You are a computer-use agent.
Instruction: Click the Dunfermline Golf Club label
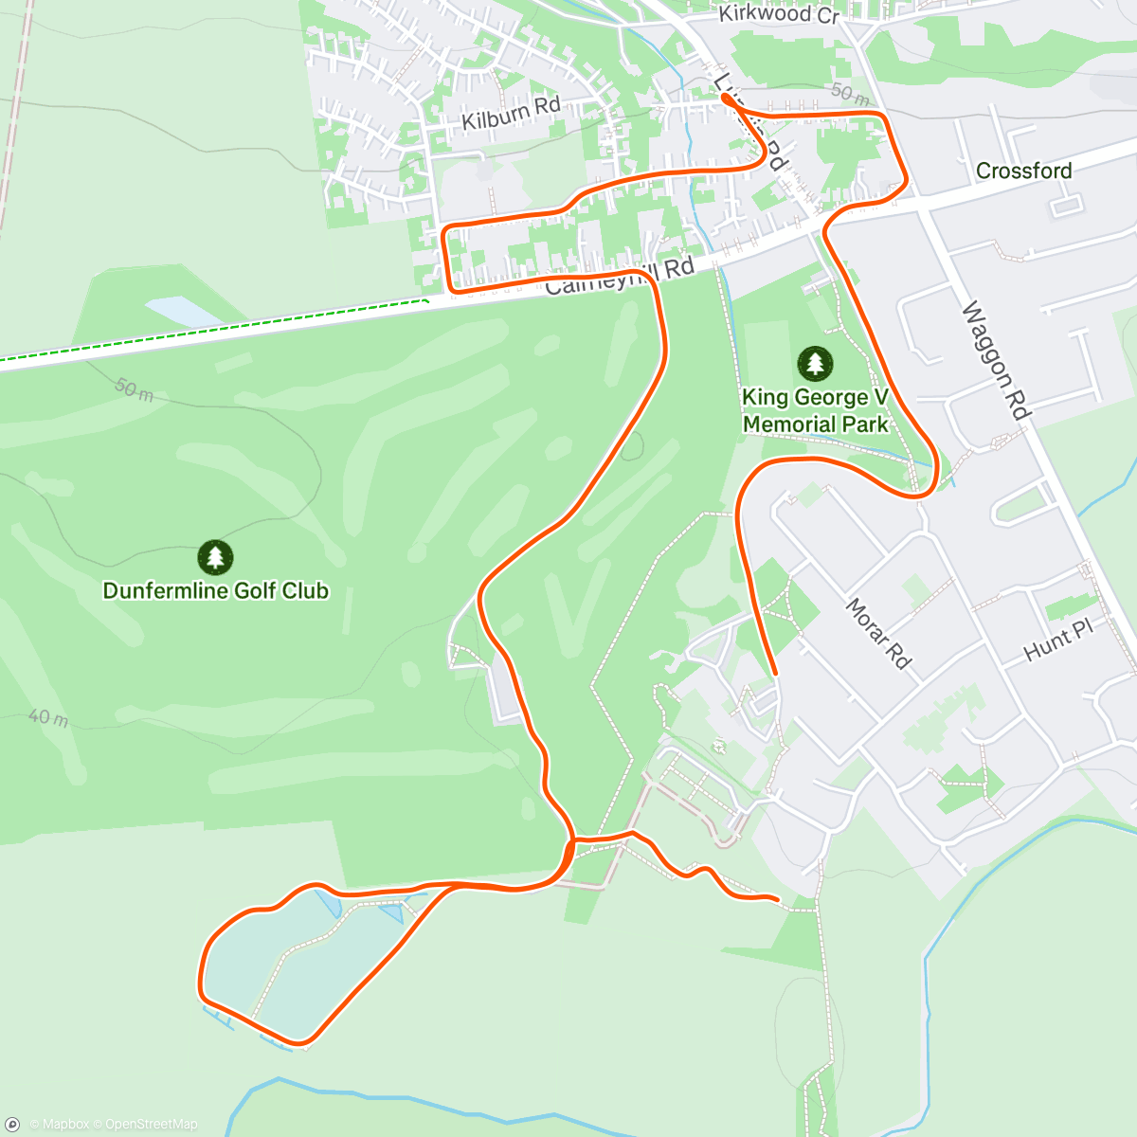pyautogui.click(x=216, y=591)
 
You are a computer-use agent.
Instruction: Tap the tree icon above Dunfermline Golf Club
pyautogui.click(x=216, y=557)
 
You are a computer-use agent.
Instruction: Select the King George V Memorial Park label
pyautogui.click(x=815, y=411)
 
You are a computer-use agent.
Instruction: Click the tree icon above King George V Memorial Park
pyautogui.click(x=815, y=363)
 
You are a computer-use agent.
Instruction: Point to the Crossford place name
pyautogui.click(x=1023, y=171)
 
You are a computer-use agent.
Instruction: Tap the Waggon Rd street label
pyautogui.click(x=995, y=360)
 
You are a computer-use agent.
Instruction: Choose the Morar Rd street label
pyautogui.click(x=877, y=633)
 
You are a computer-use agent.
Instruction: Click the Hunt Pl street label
pyautogui.click(x=1058, y=641)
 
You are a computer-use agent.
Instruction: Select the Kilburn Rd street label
pyautogui.click(x=511, y=114)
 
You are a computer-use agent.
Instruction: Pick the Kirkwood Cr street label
pyautogui.click(x=779, y=14)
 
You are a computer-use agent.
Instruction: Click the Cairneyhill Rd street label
pyautogui.click(x=621, y=276)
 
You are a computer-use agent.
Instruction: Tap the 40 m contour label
pyautogui.click(x=48, y=717)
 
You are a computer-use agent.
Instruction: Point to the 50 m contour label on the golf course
pyautogui.click(x=134, y=388)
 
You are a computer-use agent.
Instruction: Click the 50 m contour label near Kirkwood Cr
pyautogui.click(x=850, y=94)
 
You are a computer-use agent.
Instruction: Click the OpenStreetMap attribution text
pyautogui.click(x=152, y=1125)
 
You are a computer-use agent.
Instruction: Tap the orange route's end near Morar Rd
pyautogui.click(x=775, y=674)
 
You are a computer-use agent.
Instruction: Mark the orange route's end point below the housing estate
pyautogui.click(x=777, y=898)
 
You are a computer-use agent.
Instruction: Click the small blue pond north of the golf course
pyautogui.click(x=180, y=311)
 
